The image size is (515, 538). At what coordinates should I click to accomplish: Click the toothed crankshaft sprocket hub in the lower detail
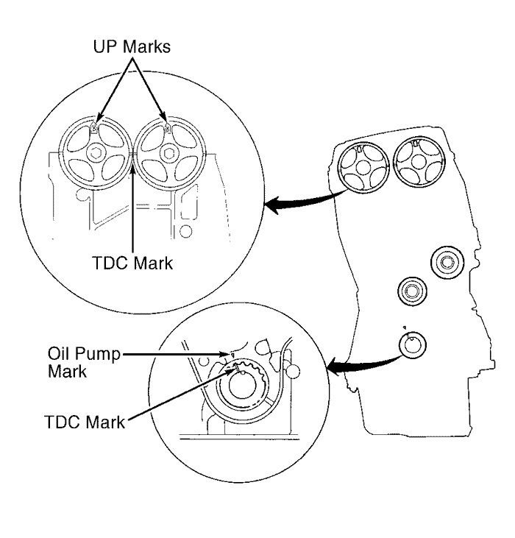[x=243, y=383]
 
